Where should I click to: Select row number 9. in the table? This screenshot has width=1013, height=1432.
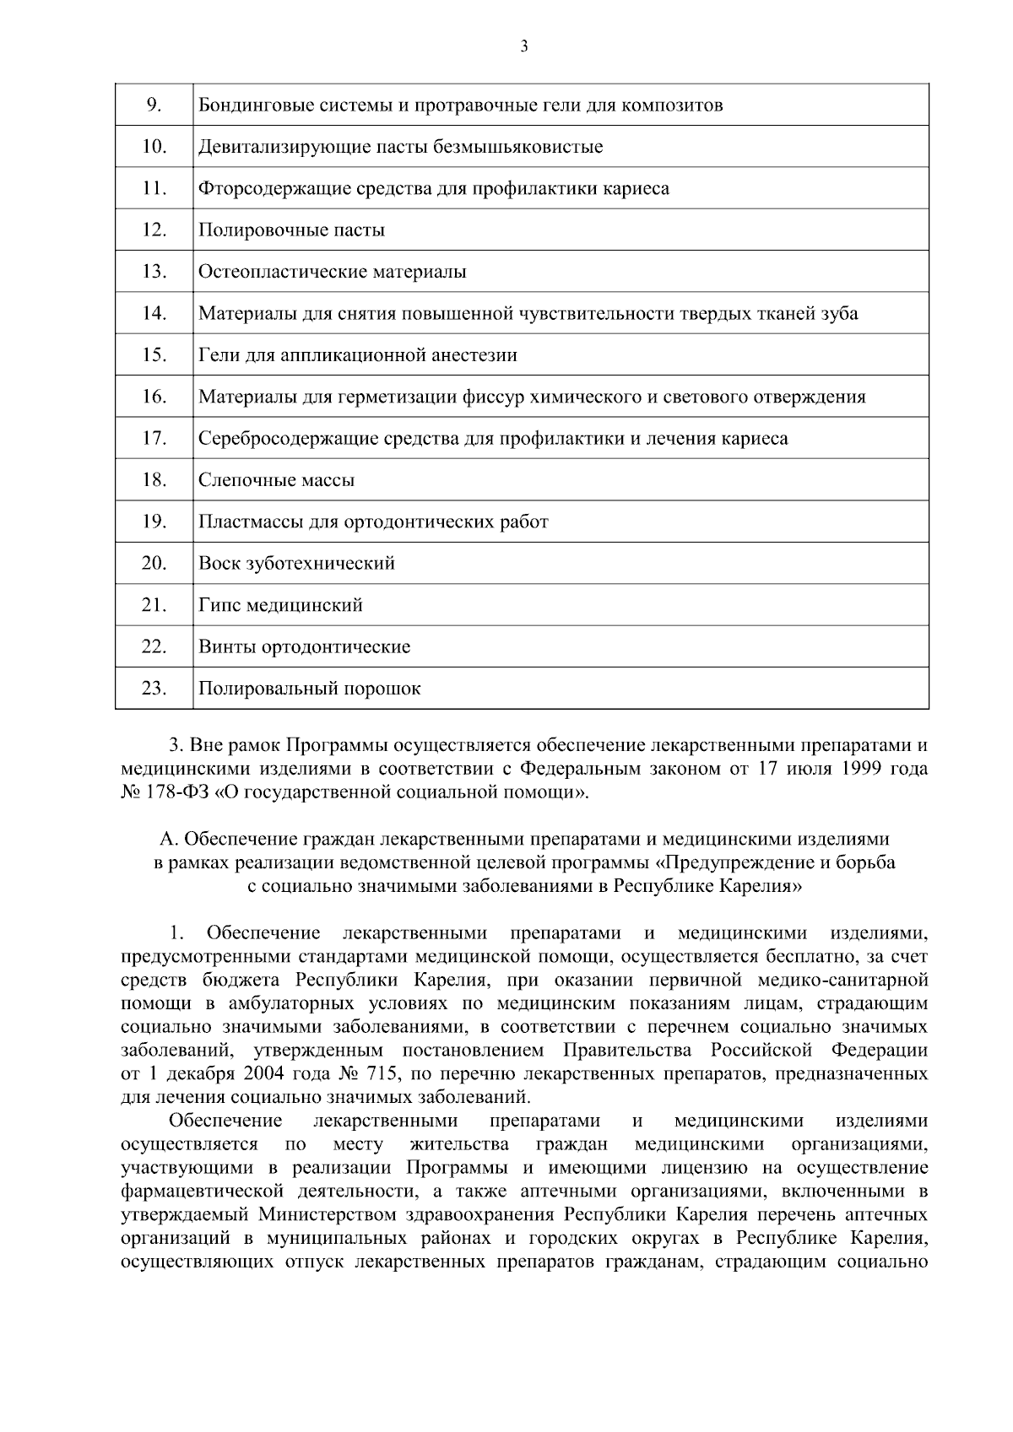[154, 105]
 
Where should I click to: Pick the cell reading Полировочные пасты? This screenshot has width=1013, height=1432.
[291, 230]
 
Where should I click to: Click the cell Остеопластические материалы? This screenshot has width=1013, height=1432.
[332, 272]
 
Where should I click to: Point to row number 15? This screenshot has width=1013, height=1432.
[154, 354]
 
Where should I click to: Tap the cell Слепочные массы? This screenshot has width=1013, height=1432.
[276, 480]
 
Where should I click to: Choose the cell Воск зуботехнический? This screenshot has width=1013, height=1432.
[296, 563]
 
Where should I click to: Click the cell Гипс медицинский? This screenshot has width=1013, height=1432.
[280, 605]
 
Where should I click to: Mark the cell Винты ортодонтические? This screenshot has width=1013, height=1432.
[304, 647]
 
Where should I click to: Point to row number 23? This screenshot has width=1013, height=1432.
[154, 688]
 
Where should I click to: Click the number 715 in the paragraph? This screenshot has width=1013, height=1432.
[383, 1073]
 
